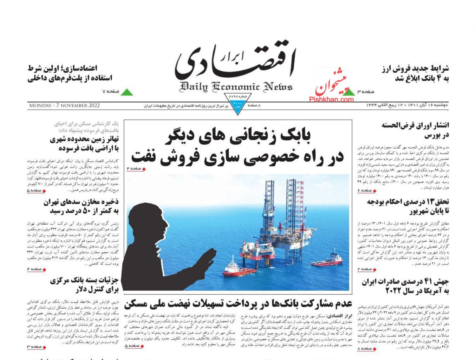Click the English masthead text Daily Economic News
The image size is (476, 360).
(236, 87)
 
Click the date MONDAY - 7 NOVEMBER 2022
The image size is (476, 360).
(64, 105)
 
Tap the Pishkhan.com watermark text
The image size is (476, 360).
(331, 100)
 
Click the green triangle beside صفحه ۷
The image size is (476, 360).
(127, 92)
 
